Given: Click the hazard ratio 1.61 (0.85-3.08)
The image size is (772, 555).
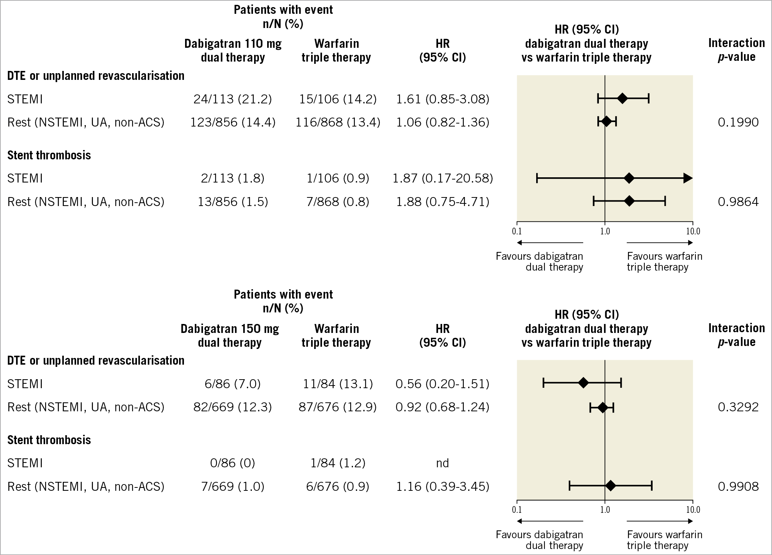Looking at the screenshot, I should [x=443, y=99].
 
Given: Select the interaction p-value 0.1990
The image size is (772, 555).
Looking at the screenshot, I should [x=738, y=122].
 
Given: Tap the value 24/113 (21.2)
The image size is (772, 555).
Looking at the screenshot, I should [x=232, y=99].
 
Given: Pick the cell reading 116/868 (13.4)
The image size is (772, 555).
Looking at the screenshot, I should [x=338, y=122].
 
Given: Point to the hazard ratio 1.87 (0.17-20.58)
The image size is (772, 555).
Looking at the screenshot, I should [x=443, y=178].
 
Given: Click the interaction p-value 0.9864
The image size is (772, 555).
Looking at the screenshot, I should [x=738, y=202].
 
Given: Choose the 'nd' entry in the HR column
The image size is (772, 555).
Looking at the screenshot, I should [x=443, y=463].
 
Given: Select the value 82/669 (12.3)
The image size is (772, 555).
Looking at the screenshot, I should [x=232, y=407].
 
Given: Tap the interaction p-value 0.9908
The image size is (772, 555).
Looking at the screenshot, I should [x=738, y=487].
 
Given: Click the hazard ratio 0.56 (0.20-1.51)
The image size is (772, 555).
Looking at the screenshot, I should [x=443, y=384].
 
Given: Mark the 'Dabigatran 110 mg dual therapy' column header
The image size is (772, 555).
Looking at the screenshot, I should [x=233, y=50].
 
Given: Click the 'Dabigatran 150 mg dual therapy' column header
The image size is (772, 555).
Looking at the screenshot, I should [x=230, y=336].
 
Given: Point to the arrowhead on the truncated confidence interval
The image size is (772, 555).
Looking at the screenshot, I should [x=688, y=178].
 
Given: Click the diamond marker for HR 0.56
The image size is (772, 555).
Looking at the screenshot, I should [x=583, y=383].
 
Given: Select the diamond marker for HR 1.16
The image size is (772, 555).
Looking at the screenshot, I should [x=610, y=486].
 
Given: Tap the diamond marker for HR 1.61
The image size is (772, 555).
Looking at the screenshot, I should [x=622, y=99].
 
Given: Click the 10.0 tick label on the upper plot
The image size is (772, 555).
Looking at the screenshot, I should [x=693, y=231].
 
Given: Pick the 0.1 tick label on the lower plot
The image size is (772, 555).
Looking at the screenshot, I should [x=517, y=509].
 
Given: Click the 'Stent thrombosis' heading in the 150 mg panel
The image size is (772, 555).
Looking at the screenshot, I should [x=49, y=440].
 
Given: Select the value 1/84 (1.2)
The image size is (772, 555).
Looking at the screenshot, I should [x=338, y=463].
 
